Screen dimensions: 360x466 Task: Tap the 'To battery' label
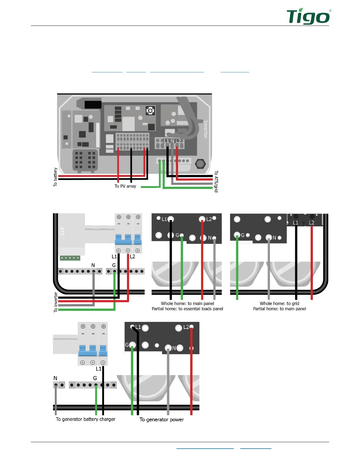(x=55, y=177)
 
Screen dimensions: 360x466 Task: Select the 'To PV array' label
(x=125, y=186)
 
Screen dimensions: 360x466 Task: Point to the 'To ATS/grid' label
(x=216, y=181)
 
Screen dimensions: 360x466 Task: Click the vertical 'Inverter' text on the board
(x=206, y=129)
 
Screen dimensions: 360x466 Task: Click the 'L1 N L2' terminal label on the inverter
(x=172, y=141)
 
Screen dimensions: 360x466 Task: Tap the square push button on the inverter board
(x=150, y=111)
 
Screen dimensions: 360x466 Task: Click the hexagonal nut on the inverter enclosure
(x=200, y=164)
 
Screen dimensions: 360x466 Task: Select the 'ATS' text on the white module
(x=62, y=231)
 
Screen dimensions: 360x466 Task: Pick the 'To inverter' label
(x=56, y=302)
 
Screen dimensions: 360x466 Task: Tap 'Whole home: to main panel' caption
(x=187, y=303)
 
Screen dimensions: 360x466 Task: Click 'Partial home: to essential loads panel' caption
(x=187, y=309)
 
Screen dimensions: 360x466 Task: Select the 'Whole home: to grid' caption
(x=279, y=303)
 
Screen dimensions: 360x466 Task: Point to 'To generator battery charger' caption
(x=86, y=419)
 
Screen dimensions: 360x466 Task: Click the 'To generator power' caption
(x=161, y=420)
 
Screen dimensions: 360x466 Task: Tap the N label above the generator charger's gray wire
(x=55, y=378)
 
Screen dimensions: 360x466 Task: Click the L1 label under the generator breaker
(x=99, y=369)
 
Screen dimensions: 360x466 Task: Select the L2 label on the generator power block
(x=186, y=327)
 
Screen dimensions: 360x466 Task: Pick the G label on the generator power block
(x=127, y=344)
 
